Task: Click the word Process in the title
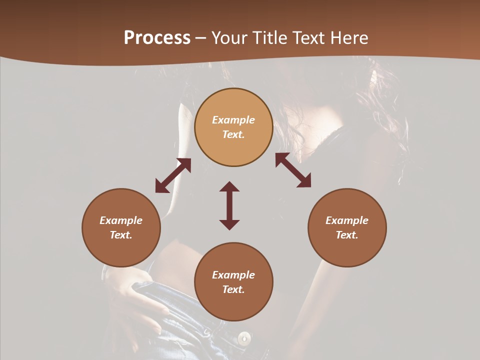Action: click(x=157, y=38)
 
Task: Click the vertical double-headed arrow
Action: click(x=229, y=205)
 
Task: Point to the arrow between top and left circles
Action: click(x=173, y=175)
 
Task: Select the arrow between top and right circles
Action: click(x=293, y=170)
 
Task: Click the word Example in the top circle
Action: click(x=233, y=120)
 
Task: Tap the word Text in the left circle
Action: click(x=121, y=235)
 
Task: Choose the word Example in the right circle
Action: click(x=347, y=220)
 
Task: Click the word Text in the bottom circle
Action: click(x=233, y=289)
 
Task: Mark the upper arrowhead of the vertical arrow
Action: click(x=229, y=187)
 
